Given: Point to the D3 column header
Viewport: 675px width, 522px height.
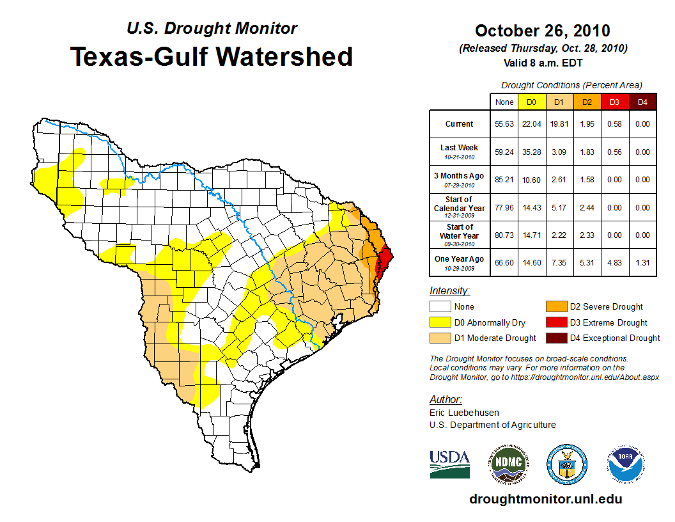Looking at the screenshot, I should [614, 102].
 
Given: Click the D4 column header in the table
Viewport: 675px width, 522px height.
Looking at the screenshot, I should [642, 102].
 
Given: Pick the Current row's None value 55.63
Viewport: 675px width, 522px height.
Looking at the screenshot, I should [504, 124].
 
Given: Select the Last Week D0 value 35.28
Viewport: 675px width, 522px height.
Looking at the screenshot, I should [531, 152].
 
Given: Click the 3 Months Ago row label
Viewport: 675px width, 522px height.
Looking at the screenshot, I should [460, 179].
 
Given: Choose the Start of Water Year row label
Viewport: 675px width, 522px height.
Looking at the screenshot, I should [460, 235].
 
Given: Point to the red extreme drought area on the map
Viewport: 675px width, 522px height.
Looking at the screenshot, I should [385, 262].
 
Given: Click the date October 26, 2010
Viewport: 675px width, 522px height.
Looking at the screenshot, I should [542, 31].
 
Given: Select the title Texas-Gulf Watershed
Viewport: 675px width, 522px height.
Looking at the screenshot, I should [212, 56].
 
